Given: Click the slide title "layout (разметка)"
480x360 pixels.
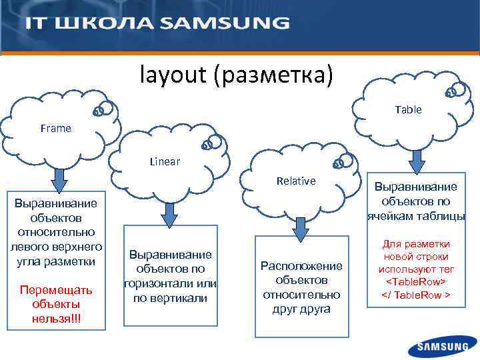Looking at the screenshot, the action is pos(235,75).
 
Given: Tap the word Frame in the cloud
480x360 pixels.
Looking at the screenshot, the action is pos(55,128).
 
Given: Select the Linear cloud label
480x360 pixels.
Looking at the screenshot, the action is pos(165,161).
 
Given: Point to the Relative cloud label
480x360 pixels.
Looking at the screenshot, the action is pos(296,181).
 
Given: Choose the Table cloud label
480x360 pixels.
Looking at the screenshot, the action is pos(408,109).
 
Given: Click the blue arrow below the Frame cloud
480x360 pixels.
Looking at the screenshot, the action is pos(60,179).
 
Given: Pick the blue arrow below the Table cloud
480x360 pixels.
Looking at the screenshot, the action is pos(417,161).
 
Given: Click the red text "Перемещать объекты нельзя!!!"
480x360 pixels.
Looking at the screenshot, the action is pos(55,304).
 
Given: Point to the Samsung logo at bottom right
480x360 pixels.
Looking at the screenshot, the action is pos(443,346).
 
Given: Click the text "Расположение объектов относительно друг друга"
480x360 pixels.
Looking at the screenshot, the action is pos(301,287).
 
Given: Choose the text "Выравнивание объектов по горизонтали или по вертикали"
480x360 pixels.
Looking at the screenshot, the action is pos(169,276).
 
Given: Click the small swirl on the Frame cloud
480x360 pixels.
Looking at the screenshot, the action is pos(101,111).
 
